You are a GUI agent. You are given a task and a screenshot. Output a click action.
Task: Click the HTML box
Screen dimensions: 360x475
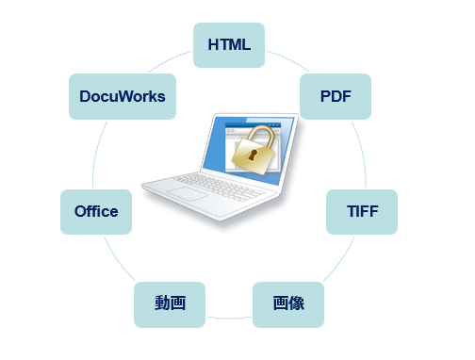tap(228, 45)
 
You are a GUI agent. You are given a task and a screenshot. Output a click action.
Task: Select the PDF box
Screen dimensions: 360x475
tap(335, 96)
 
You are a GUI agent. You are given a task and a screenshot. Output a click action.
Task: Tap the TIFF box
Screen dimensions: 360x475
tap(361, 211)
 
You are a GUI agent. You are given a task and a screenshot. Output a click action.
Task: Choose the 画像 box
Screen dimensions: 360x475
tap(287, 303)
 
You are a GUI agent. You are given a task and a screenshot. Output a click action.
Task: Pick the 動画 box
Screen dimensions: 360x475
tap(170, 303)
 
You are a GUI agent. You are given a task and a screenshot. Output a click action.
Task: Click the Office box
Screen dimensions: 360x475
tap(95, 211)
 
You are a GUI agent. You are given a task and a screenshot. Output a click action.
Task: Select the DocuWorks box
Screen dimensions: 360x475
tap(123, 96)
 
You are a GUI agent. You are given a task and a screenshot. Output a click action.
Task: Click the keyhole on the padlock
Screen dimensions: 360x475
tap(253, 160)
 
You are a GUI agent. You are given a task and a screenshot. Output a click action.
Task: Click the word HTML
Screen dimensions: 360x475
tap(228, 45)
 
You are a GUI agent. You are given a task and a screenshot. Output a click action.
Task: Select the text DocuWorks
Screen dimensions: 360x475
tap(123, 96)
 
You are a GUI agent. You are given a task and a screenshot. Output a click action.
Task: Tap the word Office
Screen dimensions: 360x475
tap(95, 211)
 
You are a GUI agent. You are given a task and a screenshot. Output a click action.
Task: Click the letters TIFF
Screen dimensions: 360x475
tap(361, 211)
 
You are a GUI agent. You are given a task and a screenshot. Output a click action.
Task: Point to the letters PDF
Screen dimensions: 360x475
tap(335, 96)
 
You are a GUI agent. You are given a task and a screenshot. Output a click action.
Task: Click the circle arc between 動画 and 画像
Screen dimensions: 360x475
tap(229, 318)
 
